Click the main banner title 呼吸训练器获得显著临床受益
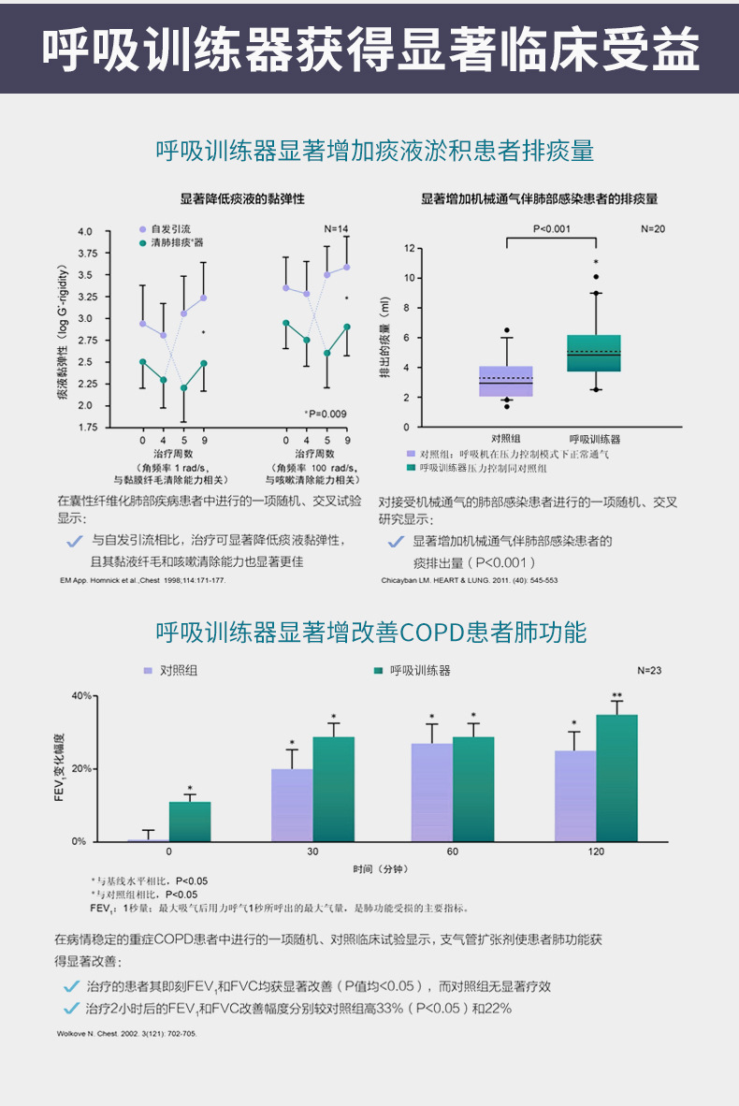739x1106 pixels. coord(369,49)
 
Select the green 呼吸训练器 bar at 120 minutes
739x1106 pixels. coord(616,778)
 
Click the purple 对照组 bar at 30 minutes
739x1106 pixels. coord(291,805)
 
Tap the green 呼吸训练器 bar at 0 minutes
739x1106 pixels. coord(190,821)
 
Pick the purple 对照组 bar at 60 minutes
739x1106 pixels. coord(431,792)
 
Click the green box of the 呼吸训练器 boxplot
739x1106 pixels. coord(594,353)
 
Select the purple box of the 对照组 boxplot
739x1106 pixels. coord(506,381)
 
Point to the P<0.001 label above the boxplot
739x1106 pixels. coord(552,228)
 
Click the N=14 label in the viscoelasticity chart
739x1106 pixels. coord(336,229)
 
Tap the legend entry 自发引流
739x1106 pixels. coord(169,229)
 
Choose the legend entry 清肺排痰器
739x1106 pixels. coord(176,242)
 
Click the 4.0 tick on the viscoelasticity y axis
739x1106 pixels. coord(86,231)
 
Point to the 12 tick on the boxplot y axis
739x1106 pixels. coord(409,249)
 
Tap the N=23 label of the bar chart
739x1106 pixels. coord(649,671)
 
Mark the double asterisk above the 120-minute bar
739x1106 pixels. coord(616,695)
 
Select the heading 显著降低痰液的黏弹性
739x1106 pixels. coord(242,199)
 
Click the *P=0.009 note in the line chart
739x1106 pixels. coord(326,414)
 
